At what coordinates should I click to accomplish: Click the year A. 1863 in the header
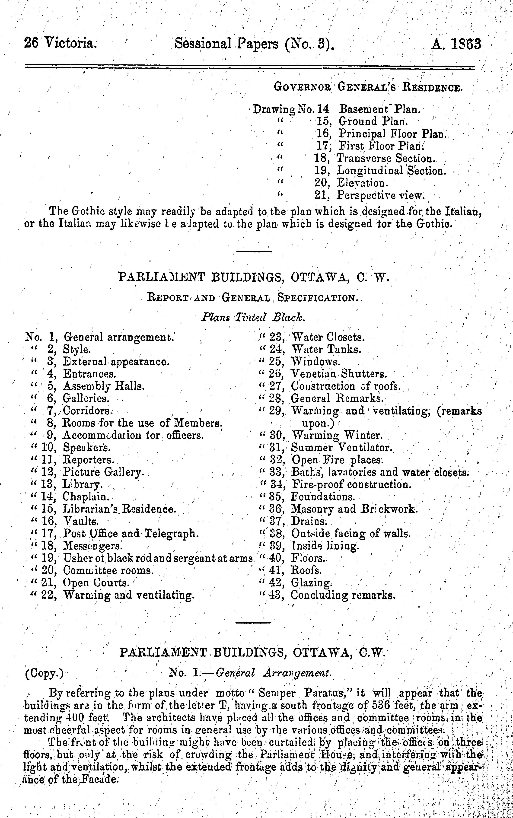(456, 44)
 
